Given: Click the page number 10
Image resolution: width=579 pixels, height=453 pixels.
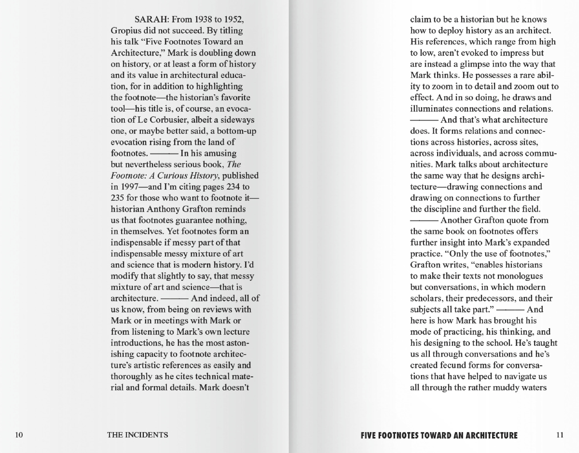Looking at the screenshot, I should click(19, 435).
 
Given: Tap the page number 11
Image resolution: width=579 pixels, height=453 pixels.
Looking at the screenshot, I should click(560, 435).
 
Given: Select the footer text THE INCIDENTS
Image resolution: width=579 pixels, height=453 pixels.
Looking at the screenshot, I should click(137, 435).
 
